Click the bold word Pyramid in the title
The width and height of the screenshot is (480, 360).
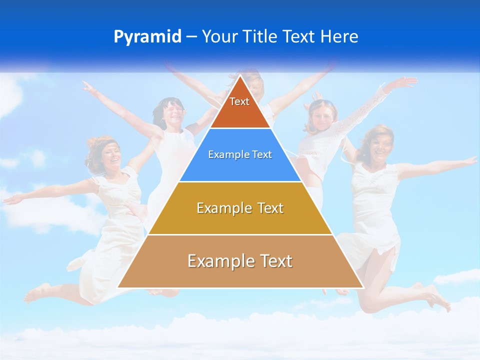(147, 36)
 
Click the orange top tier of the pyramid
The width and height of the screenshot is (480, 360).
(240, 112)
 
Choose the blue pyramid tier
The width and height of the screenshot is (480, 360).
(240, 167)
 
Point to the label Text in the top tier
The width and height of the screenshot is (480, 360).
(239, 101)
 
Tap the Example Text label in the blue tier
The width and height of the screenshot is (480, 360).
(240, 154)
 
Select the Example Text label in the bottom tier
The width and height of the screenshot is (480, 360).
(240, 261)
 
